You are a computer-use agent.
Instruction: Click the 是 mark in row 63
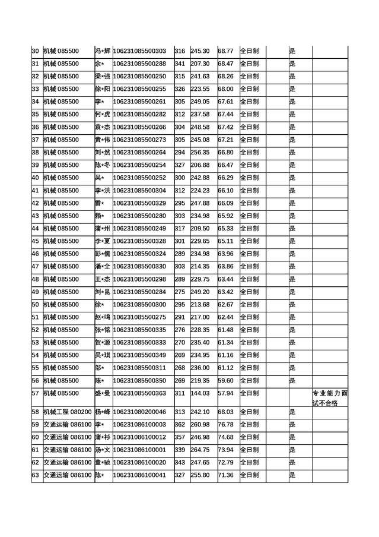(292, 475)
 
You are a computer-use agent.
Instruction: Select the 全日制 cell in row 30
(249, 50)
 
